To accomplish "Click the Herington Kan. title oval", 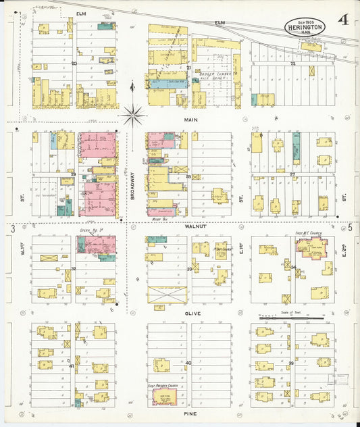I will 305,26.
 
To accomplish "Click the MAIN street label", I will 189,119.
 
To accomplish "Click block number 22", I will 292,63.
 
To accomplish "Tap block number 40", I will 188,363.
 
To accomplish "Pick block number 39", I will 291,363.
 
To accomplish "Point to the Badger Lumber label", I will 215,75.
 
